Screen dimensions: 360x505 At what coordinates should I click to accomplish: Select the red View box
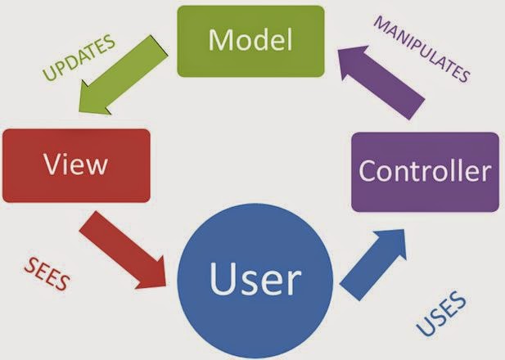click(x=77, y=165)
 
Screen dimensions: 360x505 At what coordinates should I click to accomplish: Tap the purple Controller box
click(x=426, y=171)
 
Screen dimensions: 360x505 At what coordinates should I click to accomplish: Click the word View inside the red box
click(x=77, y=165)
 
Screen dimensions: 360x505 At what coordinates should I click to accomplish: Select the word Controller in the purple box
click(x=426, y=171)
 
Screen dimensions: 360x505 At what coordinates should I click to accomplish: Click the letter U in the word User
click(x=223, y=278)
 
